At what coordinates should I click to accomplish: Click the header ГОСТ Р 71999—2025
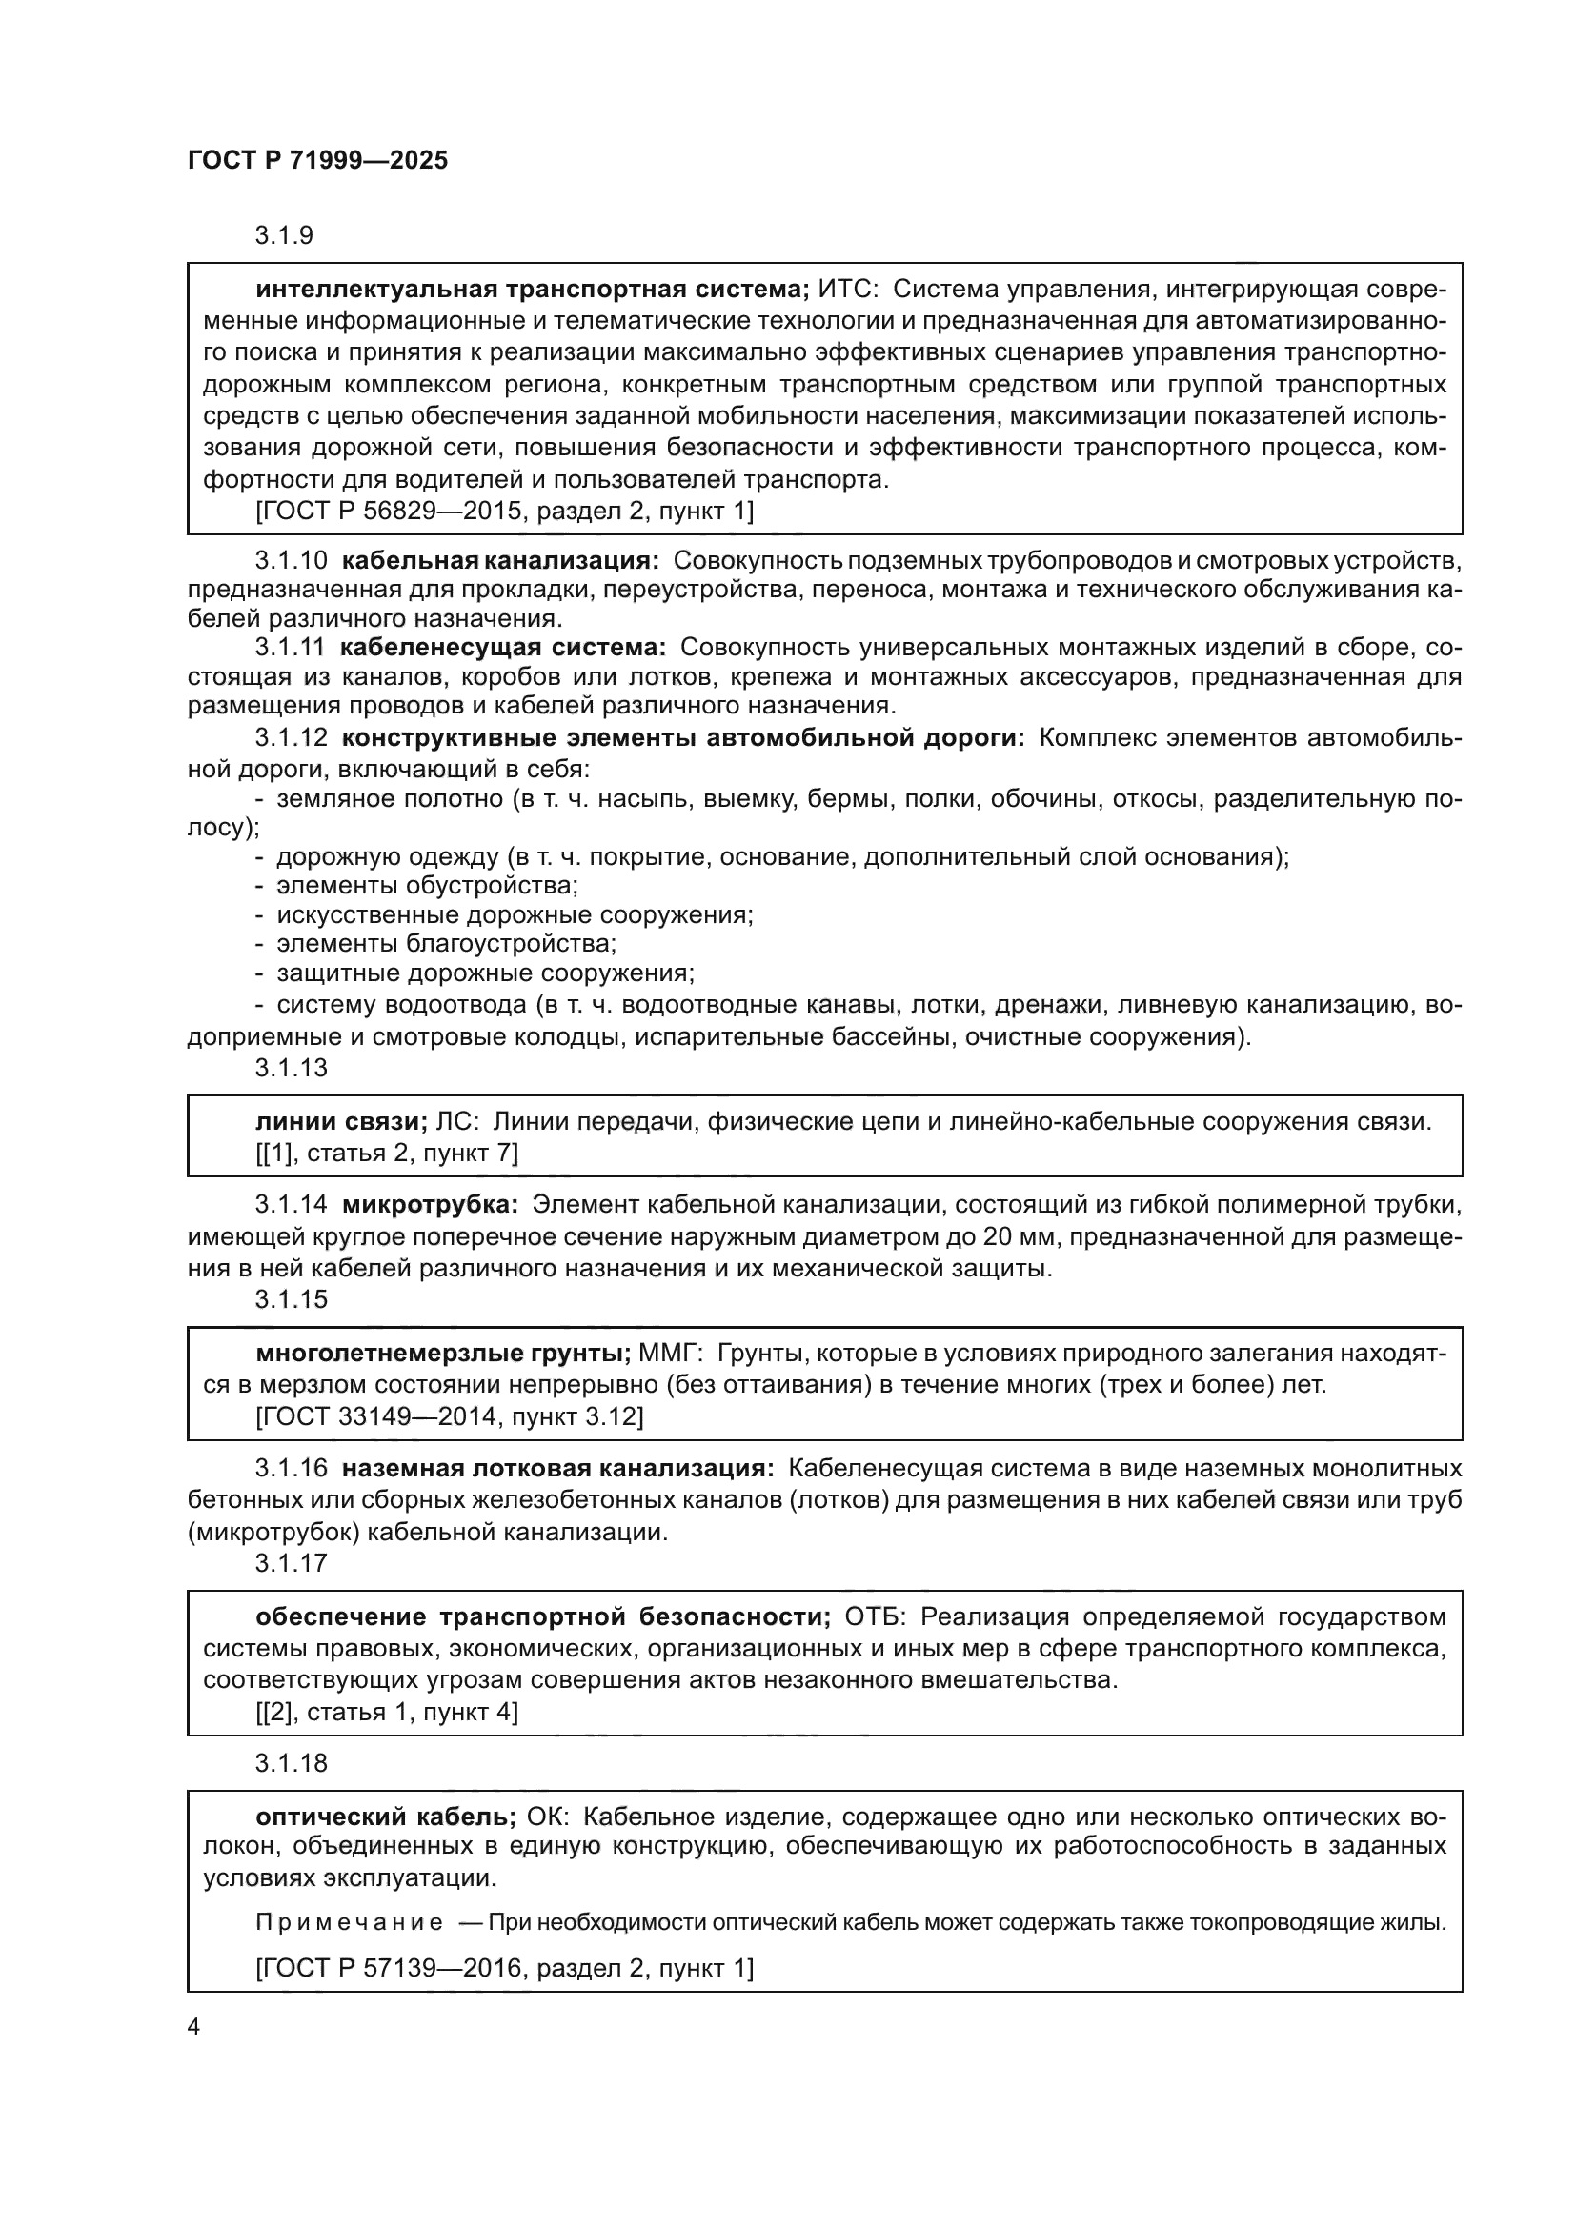317,161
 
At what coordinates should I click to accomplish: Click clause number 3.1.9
283,236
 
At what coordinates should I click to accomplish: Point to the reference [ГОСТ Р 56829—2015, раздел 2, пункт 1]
505,512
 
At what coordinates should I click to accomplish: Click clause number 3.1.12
292,737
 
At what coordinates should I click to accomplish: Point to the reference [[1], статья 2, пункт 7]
386,1153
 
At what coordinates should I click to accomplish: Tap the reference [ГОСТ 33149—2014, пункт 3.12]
450,1416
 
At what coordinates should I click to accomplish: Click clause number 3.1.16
292,1469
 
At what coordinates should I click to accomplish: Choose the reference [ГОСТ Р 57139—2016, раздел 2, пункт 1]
505,1968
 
